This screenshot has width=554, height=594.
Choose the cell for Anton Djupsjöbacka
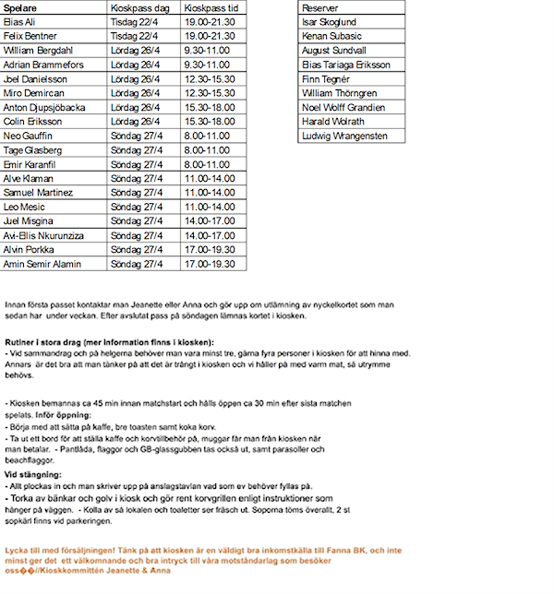[x=44, y=107]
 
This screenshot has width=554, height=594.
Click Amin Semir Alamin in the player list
[x=42, y=264]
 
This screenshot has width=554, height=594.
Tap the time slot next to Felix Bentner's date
[x=210, y=35]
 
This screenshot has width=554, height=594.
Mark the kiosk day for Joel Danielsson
[x=136, y=78]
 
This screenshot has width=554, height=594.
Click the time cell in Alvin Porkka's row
[x=210, y=249]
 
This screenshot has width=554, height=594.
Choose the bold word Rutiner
[x=21, y=342]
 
